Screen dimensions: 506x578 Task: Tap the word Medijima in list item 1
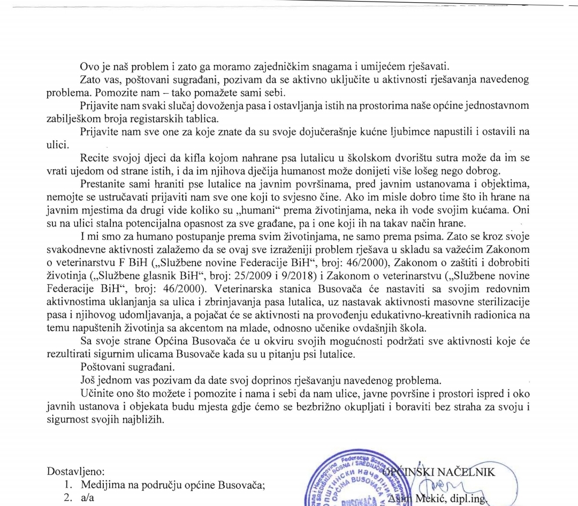coord(102,486)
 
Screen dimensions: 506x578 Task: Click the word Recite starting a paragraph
coord(95,158)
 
